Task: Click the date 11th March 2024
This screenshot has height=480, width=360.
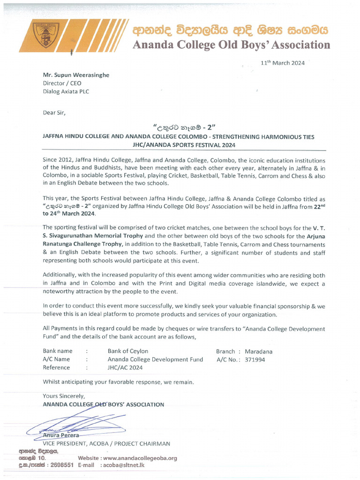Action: tap(283, 63)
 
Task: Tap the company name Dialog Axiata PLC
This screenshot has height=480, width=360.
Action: tap(66, 92)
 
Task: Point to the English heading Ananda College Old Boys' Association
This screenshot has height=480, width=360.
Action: tap(232, 45)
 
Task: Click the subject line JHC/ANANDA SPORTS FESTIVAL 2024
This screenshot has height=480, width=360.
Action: tap(184, 145)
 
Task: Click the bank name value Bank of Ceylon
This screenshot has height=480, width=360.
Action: tap(127, 351)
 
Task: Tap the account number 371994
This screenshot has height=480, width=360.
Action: tap(255, 360)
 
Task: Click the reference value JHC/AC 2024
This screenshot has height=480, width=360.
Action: tap(125, 368)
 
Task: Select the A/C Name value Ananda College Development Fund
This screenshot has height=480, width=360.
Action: tap(155, 360)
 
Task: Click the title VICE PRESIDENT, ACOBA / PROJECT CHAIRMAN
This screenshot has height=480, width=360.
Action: tap(106, 443)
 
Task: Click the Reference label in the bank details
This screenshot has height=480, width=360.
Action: tap(56, 368)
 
